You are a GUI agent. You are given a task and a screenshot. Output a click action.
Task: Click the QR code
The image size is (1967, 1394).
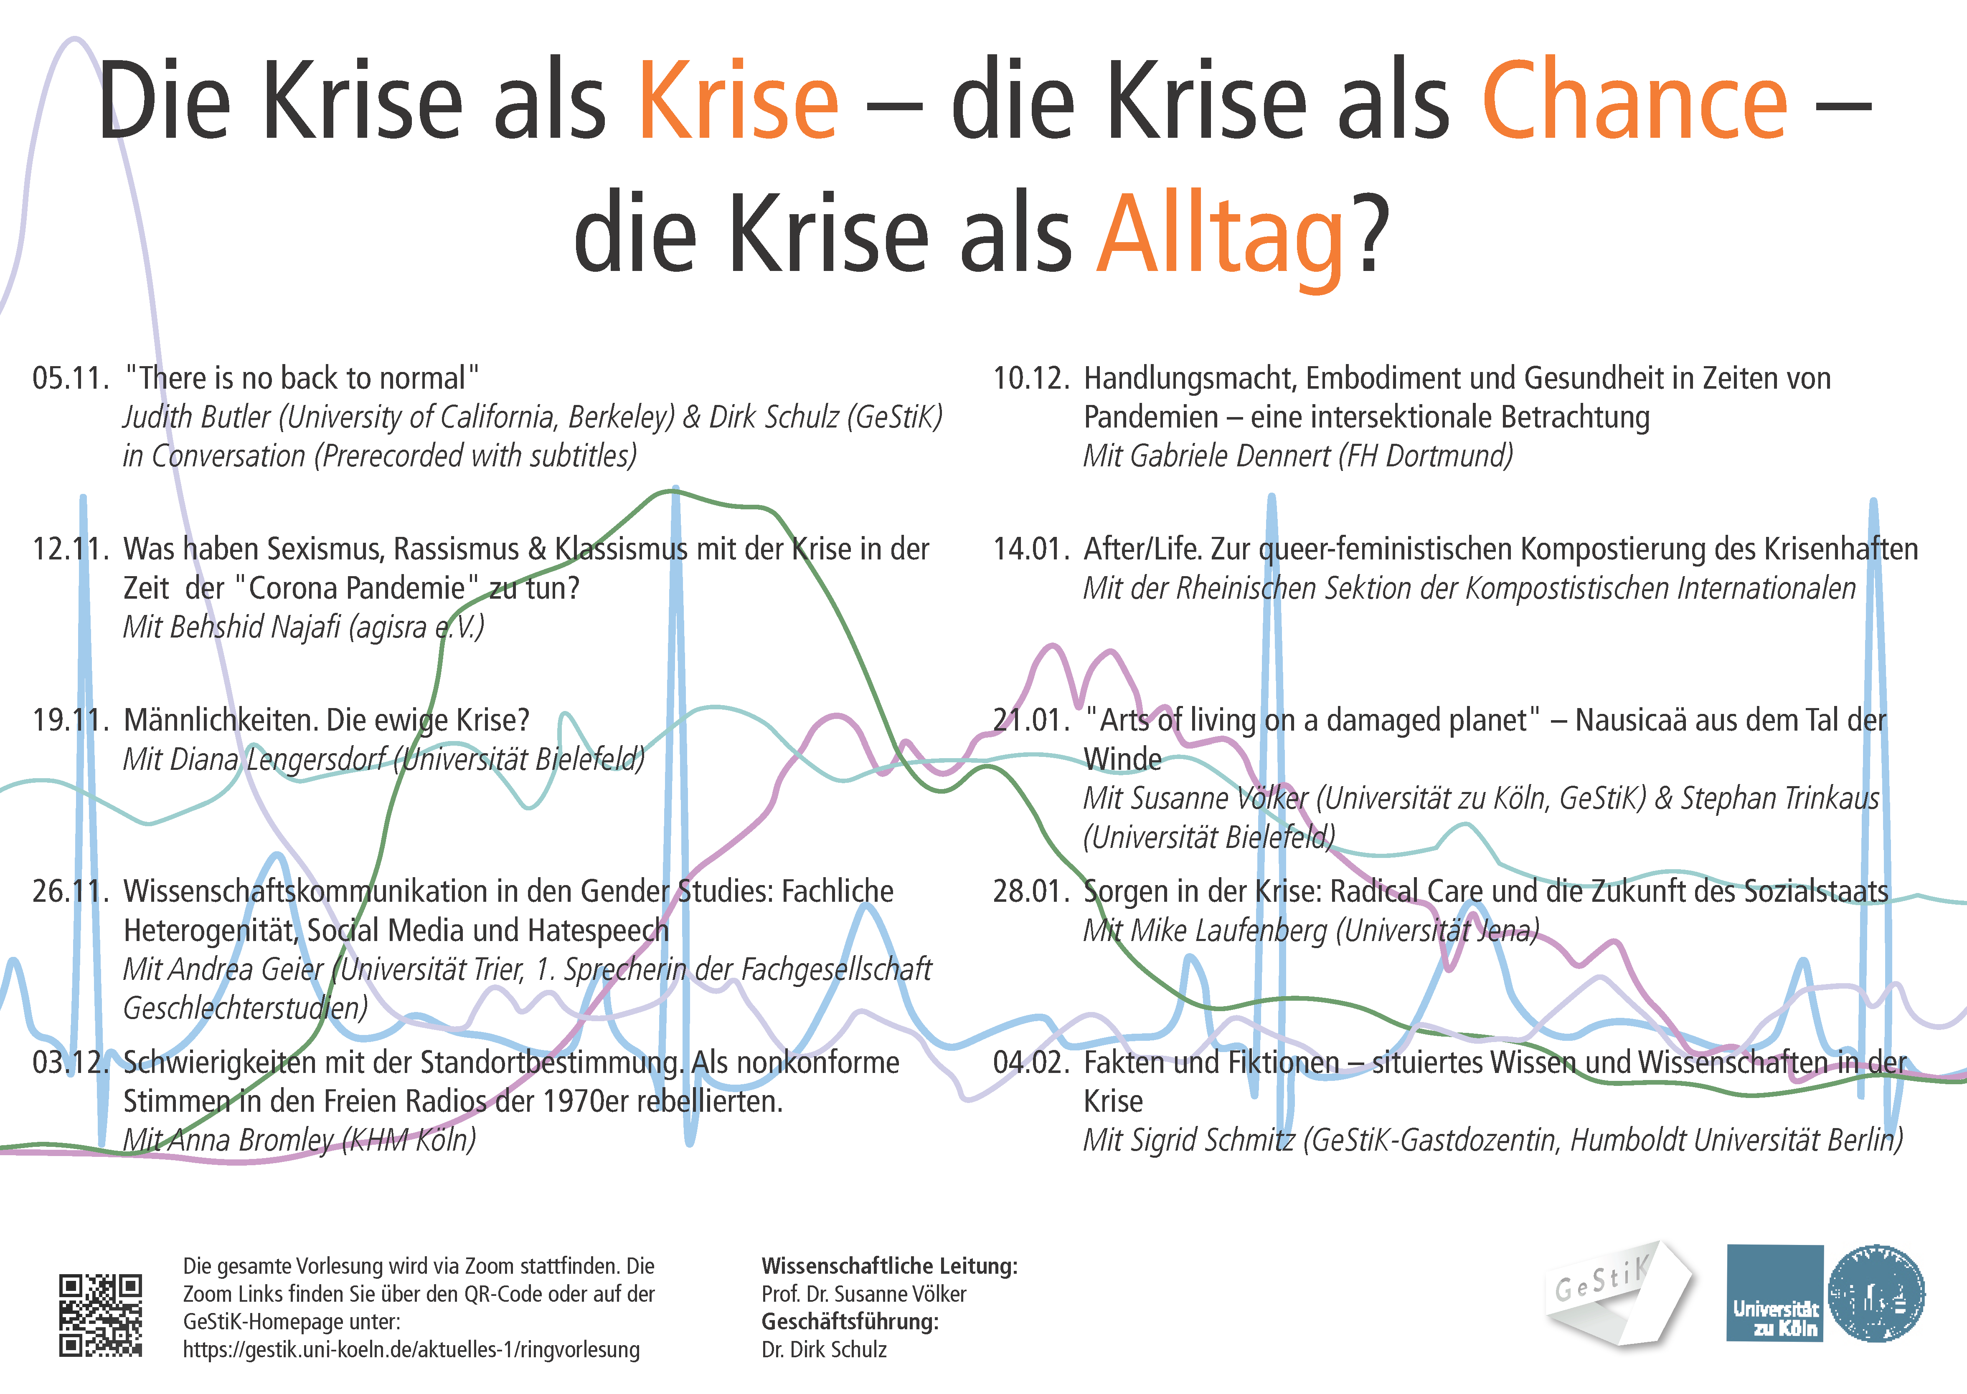tap(100, 1315)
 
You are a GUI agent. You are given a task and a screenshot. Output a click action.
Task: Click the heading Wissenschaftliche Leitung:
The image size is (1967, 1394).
tap(889, 1266)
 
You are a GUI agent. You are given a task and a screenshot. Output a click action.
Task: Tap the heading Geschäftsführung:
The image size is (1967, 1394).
tap(850, 1322)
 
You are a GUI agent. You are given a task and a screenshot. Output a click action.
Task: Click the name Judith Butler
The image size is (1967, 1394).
tap(198, 417)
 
